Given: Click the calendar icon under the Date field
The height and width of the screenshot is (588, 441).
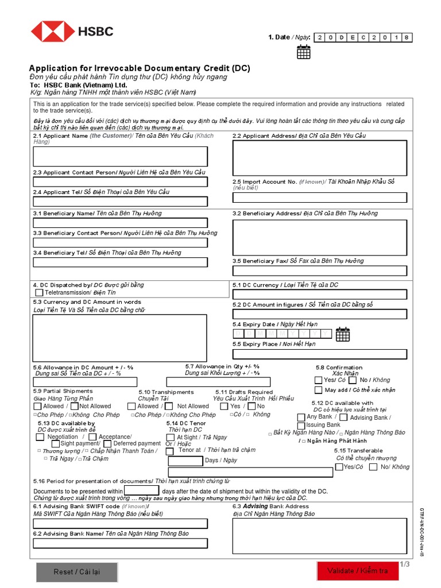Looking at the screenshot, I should [303, 52].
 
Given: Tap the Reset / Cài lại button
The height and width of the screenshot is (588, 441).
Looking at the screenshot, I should [76, 571].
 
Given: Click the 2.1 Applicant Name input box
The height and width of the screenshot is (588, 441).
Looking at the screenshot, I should [120, 156].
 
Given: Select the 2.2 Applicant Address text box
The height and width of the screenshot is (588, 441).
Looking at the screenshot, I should [319, 158].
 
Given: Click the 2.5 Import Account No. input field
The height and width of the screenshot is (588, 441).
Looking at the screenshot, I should [319, 198].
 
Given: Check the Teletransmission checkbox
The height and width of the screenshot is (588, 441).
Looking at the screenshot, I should [39, 293].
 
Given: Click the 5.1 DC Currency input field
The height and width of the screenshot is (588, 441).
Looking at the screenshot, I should [319, 295].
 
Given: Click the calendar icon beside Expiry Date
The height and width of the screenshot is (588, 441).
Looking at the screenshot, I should [343, 334].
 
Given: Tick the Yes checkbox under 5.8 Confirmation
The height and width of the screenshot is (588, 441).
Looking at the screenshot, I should [318, 380].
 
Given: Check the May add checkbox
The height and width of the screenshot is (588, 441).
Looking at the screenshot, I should [318, 390].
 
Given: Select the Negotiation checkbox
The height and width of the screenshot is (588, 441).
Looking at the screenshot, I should [40, 437].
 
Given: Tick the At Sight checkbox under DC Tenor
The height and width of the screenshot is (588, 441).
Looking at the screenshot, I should [171, 437].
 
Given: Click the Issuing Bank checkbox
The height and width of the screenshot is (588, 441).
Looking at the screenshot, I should [301, 425].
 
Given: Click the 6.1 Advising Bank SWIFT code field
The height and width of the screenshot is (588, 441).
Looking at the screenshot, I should [120, 524].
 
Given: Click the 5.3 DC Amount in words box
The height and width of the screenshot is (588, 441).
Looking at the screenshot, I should [120, 338].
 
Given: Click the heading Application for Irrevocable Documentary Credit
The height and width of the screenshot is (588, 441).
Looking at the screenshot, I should [140, 68].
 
